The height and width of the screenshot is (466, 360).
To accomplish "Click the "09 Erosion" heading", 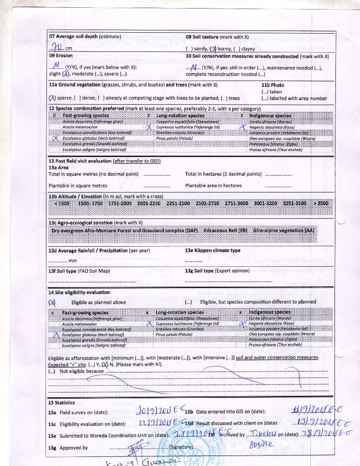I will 61,56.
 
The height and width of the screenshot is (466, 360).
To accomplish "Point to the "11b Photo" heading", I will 273,85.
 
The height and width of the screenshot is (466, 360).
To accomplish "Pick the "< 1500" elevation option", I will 61,203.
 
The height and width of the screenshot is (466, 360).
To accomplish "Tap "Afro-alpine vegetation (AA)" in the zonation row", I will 283,230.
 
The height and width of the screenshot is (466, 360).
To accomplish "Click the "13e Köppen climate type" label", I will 213,251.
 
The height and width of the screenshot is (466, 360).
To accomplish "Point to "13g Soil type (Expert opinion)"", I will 218,271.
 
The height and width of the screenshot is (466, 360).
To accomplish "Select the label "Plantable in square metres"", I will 78,186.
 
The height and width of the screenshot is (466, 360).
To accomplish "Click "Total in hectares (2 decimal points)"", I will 223,174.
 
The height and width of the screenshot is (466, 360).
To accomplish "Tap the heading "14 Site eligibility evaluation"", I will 79,292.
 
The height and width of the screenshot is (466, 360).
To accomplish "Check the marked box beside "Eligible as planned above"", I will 52,303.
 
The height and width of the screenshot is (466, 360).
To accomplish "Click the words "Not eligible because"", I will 81,371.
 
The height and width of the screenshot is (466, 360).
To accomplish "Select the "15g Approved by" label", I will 68,448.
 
